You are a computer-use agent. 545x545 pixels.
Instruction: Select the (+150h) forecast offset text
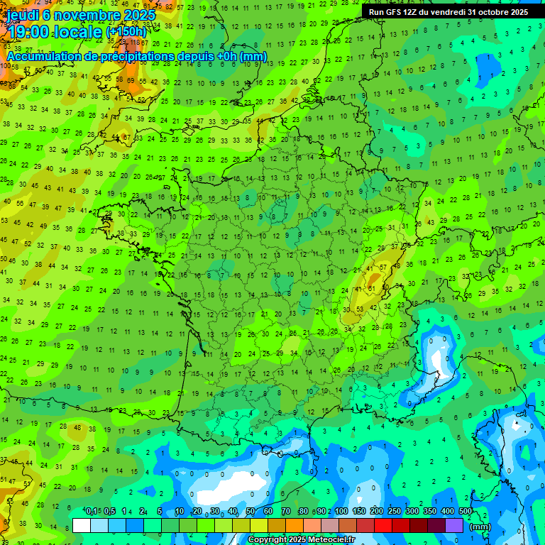point(126,32)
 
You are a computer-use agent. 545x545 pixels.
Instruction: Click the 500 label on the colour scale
point(466,512)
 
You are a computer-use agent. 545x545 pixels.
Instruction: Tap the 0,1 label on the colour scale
point(92,512)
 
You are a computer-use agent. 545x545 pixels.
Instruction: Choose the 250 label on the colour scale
point(395,512)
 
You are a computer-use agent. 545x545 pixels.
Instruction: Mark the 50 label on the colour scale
point(251,512)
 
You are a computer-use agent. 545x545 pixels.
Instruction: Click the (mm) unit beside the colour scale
point(480,527)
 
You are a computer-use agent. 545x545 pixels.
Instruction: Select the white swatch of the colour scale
point(82,525)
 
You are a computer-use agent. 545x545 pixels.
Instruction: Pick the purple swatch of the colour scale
point(454,525)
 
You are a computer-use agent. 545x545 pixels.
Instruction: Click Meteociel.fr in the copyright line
point(330,540)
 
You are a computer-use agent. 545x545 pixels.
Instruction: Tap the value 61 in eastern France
point(371,290)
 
